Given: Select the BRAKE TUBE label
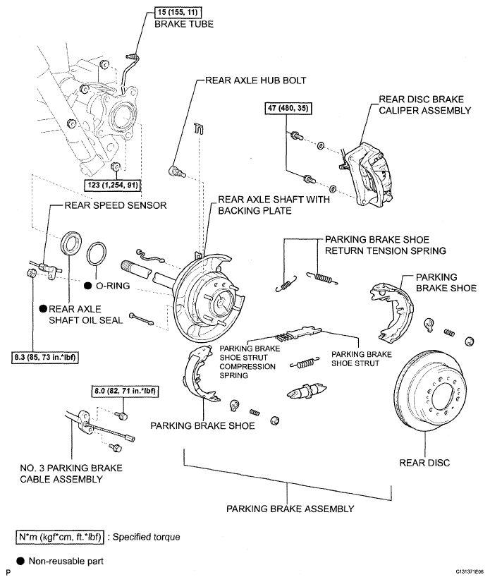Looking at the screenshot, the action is coord(184,24).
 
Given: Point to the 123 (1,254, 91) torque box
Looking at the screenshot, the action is coord(114,185).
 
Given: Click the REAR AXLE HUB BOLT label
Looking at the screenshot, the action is coord(255,80).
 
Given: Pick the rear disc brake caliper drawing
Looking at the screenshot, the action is coord(367,174).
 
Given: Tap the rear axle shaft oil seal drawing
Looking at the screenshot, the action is coord(71,243).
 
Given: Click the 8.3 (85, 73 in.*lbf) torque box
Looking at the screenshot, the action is coord(45,358).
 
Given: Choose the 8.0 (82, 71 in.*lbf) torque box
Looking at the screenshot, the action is coord(125,391).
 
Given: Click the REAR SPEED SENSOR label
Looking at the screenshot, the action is coord(116,205).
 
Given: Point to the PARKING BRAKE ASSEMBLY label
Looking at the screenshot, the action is coord(290,509).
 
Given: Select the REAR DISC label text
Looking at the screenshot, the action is coord(424,463).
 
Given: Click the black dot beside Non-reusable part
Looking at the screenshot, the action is coord(20,561).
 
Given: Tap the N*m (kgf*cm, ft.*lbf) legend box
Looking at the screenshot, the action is coord(60,537).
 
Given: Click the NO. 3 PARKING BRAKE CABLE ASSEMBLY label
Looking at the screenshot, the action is coord(71,473).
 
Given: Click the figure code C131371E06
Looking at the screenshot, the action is coord(470,571).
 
